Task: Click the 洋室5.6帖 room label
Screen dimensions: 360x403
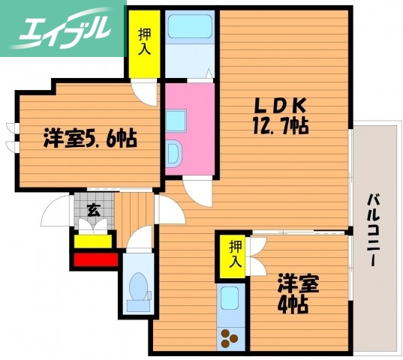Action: [89, 139]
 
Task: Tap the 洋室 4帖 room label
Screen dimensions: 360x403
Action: [299, 295]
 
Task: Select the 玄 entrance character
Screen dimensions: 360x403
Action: [93, 210]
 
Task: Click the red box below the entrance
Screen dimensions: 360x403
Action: [95, 260]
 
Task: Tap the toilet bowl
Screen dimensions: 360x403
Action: [137, 289]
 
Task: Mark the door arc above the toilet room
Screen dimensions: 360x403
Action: [140, 238]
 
